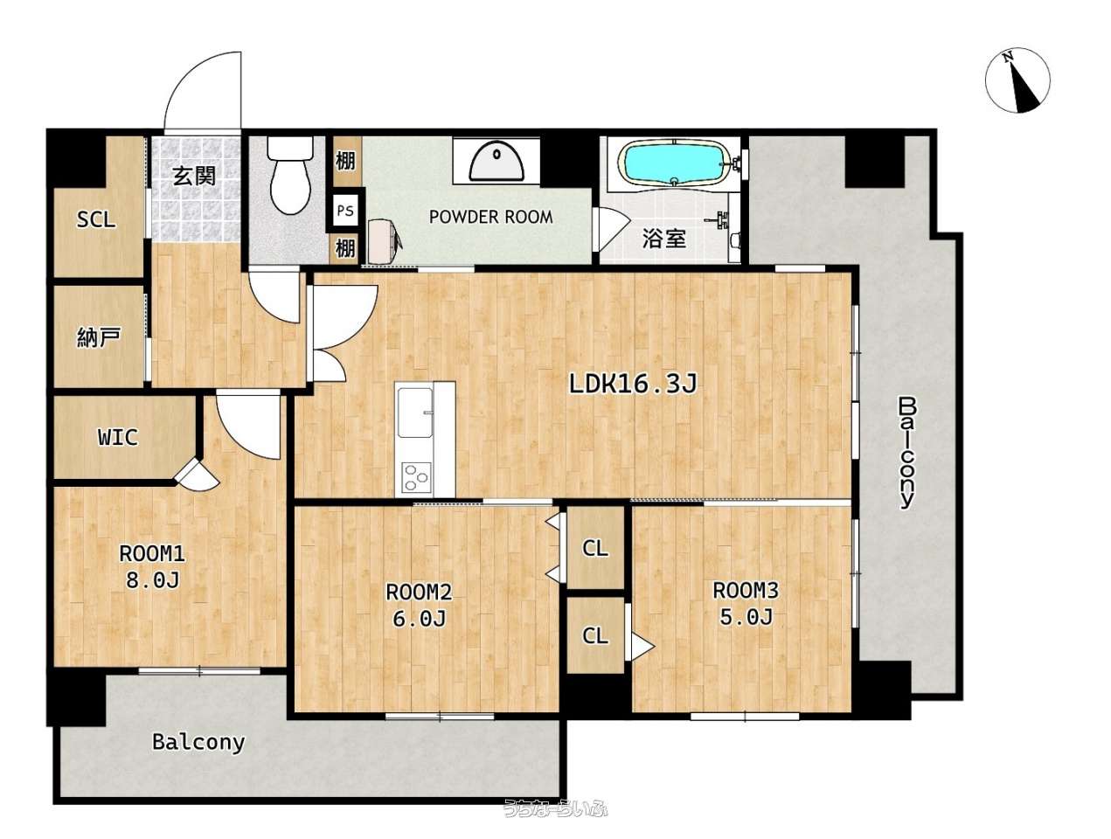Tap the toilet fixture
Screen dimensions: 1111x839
289,175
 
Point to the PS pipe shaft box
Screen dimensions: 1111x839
345,210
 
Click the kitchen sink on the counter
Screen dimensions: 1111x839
415,413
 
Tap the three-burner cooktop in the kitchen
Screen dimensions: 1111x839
417,477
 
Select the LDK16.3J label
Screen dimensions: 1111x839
633,384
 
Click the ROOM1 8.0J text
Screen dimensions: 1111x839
152,566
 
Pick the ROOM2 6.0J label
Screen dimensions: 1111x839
419,605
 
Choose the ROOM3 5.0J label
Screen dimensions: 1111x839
746,603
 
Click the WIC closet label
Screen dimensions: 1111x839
117,437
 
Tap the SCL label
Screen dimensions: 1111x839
96,219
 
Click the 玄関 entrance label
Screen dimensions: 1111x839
194,176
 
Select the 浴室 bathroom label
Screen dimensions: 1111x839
664,239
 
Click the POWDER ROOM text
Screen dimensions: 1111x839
490,217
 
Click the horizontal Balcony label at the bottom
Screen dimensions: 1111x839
198,742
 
